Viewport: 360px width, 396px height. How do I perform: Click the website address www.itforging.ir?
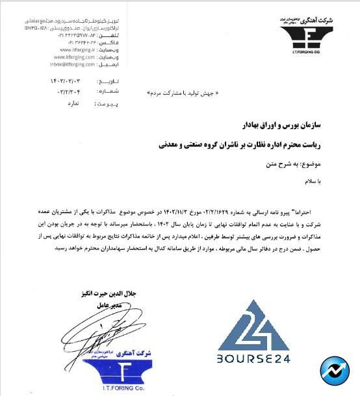click(73, 49)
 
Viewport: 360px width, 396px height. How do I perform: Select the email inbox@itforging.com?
click(73, 64)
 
